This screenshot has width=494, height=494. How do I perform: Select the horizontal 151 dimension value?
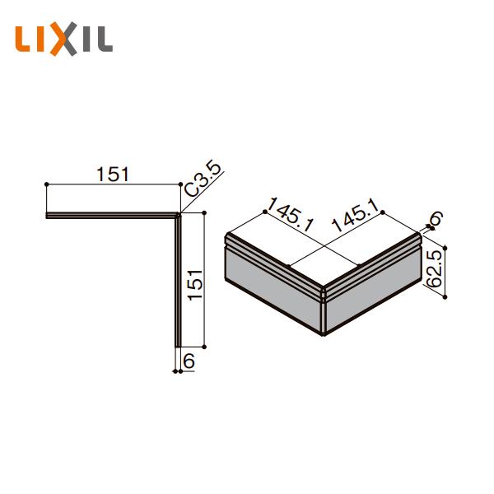[x=113, y=174]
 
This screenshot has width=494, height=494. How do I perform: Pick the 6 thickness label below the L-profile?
[x=189, y=361]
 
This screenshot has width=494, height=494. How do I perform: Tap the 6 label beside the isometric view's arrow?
[x=436, y=218]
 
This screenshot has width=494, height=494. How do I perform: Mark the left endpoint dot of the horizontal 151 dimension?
[x=46, y=184]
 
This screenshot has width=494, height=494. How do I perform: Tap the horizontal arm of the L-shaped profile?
[x=111, y=216]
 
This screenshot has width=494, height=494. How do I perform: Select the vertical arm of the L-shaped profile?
[x=175, y=280]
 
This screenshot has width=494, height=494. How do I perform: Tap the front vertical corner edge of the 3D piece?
[x=323, y=313]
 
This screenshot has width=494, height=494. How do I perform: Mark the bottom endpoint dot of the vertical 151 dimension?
[x=205, y=347]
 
